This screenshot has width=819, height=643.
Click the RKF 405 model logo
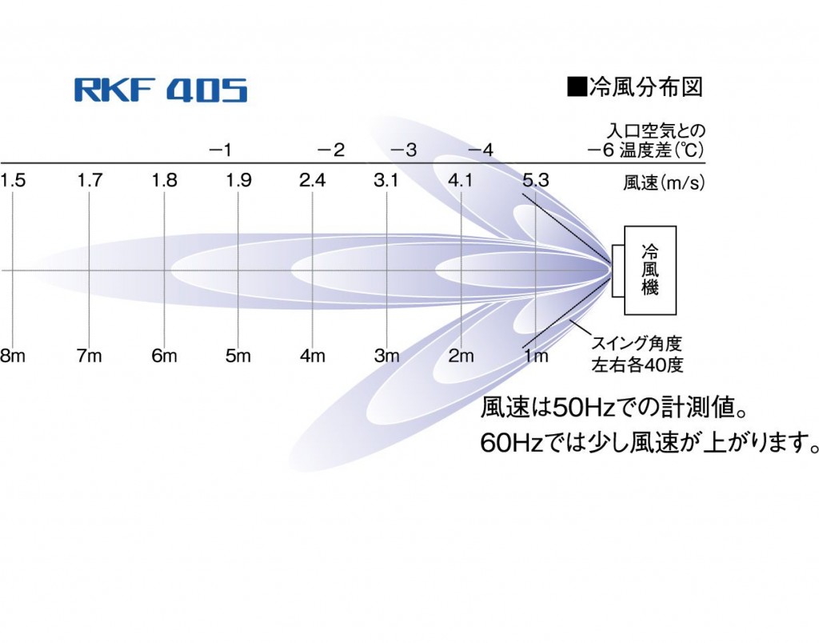pyautogui.click(x=161, y=90)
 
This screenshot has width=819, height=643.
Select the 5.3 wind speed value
pyautogui.click(x=535, y=181)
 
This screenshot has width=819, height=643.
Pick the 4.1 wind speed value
pyautogui.click(x=461, y=181)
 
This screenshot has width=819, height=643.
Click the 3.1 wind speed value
pyautogui.click(x=386, y=181)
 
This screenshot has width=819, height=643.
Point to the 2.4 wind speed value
pyautogui.click(x=312, y=181)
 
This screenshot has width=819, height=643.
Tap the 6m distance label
pyautogui.click(x=164, y=356)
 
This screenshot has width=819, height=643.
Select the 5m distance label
pyautogui.click(x=238, y=356)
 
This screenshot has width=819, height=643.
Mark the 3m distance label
pyautogui.click(x=386, y=356)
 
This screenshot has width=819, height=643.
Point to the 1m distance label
pyautogui.click(x=535, y=356)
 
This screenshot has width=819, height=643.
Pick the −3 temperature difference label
pyautogui.click(x=404, y=150)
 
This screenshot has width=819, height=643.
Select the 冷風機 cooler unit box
pyautogui.click(x=650, y=270)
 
